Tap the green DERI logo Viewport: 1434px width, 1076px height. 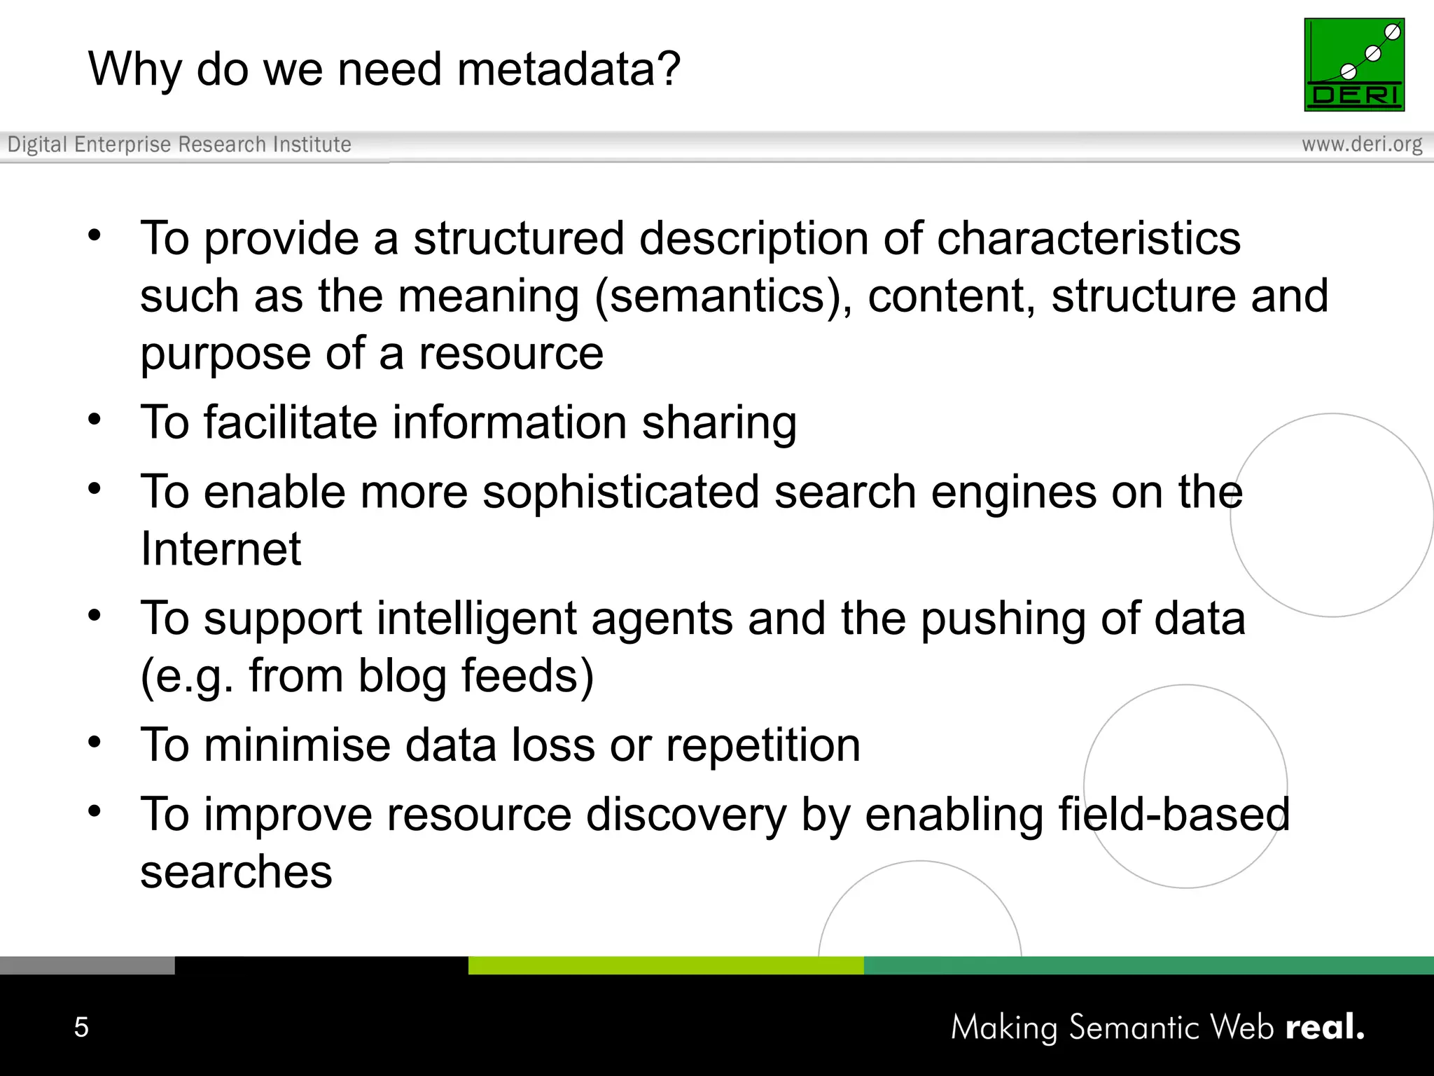coord(1353,64)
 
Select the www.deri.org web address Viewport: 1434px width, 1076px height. coord(1362,144)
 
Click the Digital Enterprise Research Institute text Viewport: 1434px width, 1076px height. coord(179,144)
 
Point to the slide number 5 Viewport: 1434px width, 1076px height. coord(81,1027)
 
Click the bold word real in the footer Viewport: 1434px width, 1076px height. coord(1324,1027)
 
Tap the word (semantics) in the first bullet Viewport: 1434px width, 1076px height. coord(723,296)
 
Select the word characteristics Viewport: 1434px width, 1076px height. coord(1088,239)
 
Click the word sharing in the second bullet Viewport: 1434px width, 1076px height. coord(719,423)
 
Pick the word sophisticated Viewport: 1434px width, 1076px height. coord(620,492)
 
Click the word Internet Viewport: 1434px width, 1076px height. coord(221,549)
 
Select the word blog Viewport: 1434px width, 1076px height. coord(402,676)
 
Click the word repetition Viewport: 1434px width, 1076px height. coord(763,745)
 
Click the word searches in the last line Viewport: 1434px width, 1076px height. coord(236,873)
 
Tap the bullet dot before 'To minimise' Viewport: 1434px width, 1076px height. coord(95,741)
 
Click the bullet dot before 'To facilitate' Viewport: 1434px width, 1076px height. coord(95,419)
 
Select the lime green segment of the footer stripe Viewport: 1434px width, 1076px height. coord(665,965)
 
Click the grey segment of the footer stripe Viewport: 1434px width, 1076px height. coord(87,965)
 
